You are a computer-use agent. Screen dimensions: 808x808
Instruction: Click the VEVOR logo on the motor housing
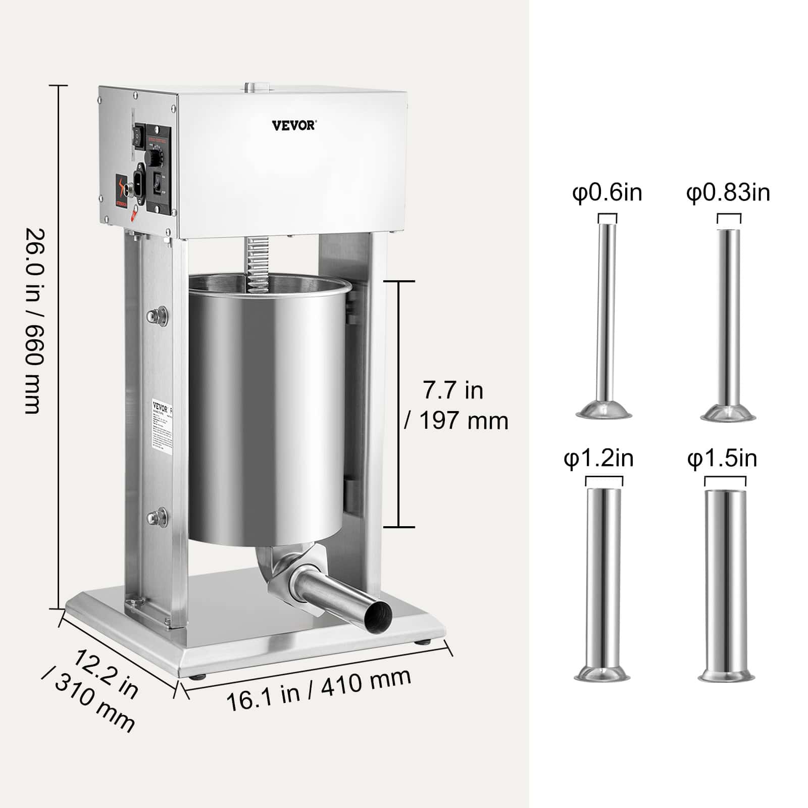[x=293, y=125]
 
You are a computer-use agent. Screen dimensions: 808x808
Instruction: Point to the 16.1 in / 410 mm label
[x=318, y=689]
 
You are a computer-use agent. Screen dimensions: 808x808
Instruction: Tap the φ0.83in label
[x=728, y=193]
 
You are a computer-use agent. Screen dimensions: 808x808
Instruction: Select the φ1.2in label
[x=598, y=459]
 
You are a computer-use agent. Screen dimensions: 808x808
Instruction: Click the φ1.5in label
[x=722, y=459]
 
